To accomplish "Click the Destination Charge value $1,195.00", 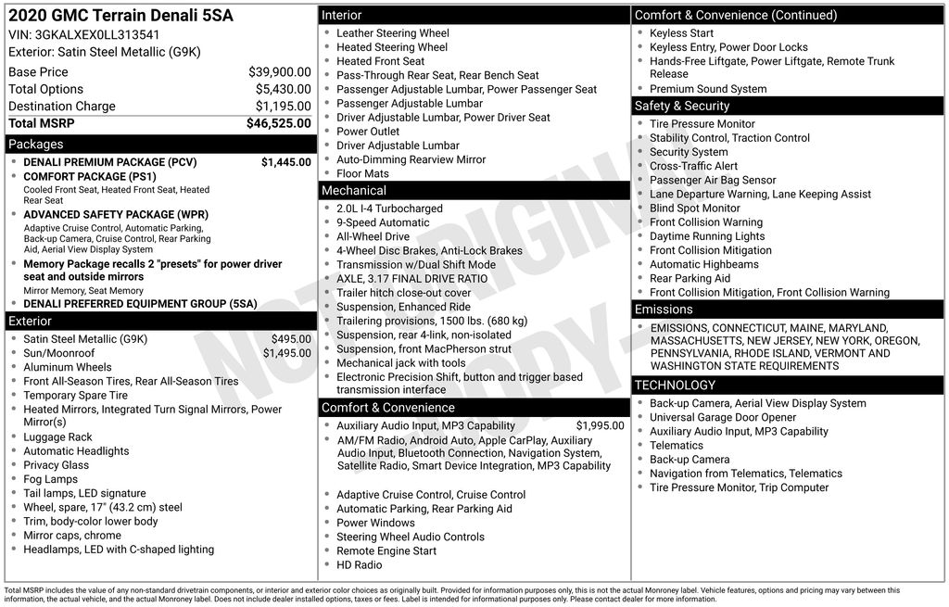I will coord(283,106).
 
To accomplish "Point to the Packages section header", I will coord(36,144).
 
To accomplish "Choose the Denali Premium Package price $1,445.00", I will coord(285,162).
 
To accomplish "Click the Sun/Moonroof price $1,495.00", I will coord(286,353).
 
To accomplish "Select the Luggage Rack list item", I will coord(57,436).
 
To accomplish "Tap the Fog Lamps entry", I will coord(50,479).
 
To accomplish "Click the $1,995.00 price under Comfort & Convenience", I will coord(600,425).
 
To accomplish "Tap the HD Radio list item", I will coord(359,564).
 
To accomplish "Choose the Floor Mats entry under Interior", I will coord(362,173).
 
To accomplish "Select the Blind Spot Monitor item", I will coord(694,208).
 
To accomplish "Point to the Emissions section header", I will coord(664,309).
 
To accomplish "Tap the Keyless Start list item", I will coord(681,32).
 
